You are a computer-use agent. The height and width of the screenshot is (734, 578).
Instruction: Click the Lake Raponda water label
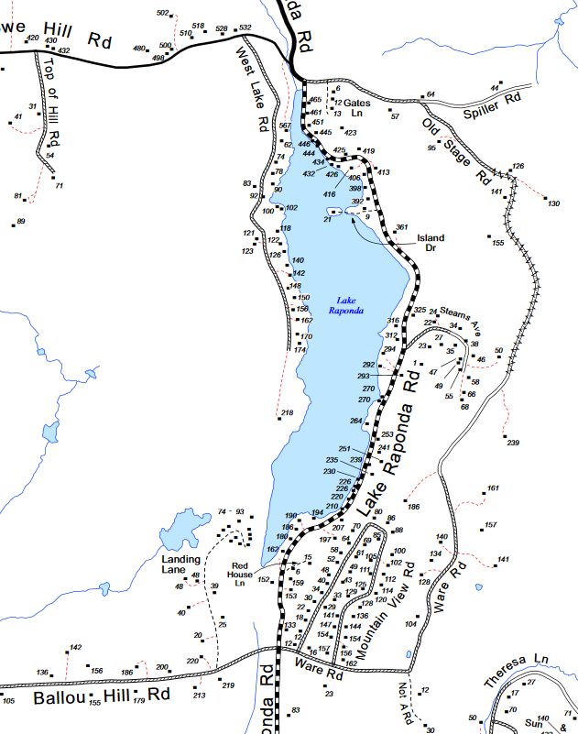tap(346, 305)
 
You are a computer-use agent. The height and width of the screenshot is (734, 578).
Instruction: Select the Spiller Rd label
tap(491, 100)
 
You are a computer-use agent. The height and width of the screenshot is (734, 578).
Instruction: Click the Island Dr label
tap(431, 243)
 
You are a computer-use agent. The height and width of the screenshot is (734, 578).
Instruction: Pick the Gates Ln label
tap(357, 108)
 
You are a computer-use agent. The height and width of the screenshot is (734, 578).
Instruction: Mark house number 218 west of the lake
tap(288, 414)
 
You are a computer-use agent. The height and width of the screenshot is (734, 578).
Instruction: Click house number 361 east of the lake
tap(400, 227)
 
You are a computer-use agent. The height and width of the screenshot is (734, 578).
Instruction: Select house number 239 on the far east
tap(512, 444)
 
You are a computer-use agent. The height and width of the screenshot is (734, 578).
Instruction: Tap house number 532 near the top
tap(245, 28)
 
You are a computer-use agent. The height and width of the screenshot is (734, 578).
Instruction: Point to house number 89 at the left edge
tap(21, 222)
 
